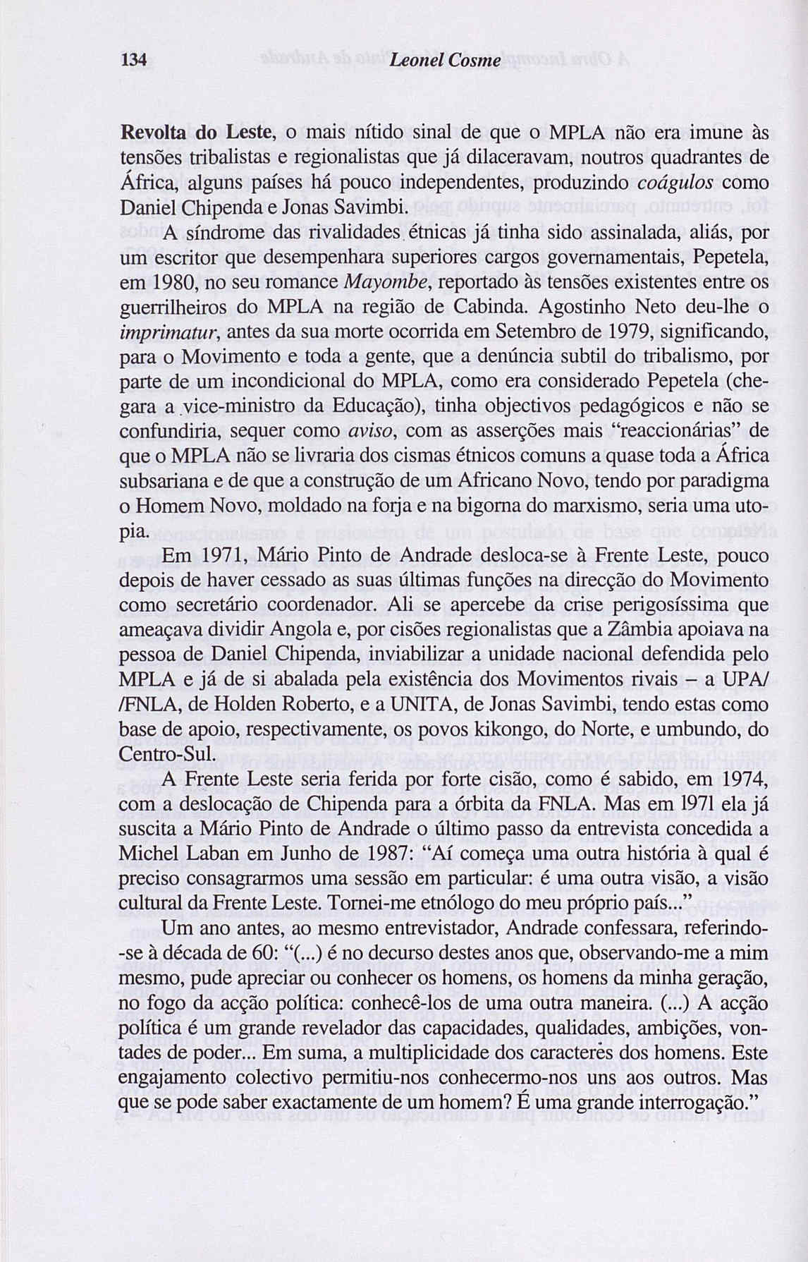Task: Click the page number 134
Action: pyautogui.click(x=134, y=61)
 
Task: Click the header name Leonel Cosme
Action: pyautogui.click(x=445, y=61)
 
